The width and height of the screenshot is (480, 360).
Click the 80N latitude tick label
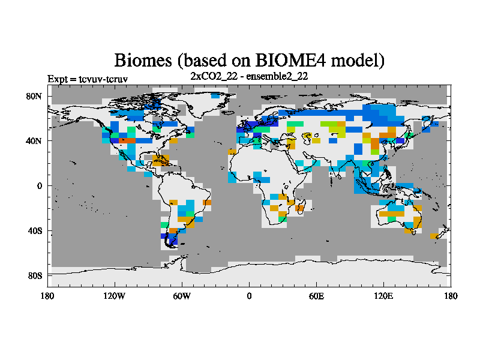click(34, 97)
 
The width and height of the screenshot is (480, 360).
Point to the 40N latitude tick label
click(34, 141)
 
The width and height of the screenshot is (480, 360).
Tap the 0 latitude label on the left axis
click(40, 186)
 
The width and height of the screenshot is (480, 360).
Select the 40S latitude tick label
click(35, 231)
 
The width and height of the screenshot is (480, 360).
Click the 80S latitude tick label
click(35, 276)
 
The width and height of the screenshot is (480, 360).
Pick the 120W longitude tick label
click(114, 296)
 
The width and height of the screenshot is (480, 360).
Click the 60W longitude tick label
click(182, 296)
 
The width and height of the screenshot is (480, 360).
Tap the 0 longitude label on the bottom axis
click(249, 296)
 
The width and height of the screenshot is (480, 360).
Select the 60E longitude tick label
click(316, 296)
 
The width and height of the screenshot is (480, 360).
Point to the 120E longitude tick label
click(383, 296)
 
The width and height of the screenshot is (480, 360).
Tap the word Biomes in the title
click(143, 61)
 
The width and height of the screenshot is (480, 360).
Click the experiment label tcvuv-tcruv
click(103, 79)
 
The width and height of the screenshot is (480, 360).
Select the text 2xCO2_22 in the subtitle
click(214, 76)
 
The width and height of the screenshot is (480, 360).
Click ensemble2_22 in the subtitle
click(277, 76)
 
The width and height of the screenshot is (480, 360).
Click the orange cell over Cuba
click(161, 161)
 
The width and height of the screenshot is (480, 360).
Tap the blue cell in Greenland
click(215, 96)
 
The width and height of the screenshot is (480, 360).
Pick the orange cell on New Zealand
click(434, 236)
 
